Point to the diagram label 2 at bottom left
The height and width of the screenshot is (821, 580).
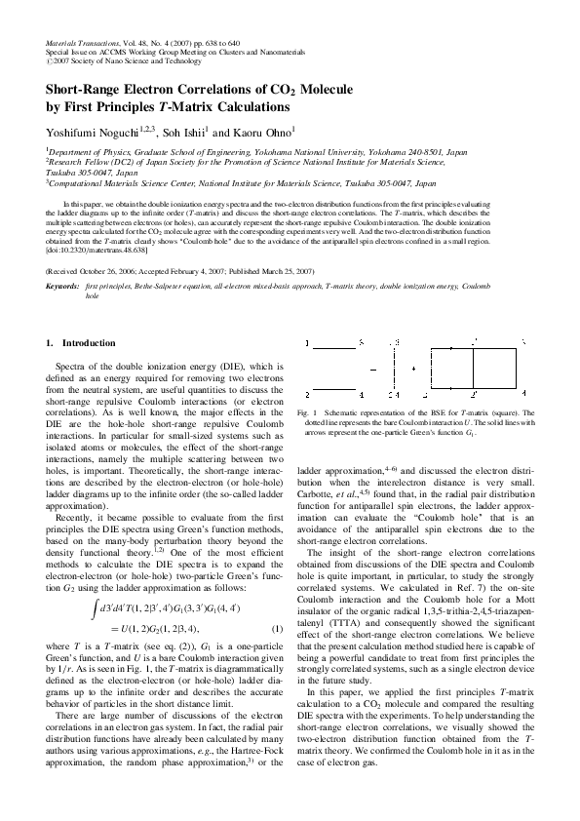point(309,395)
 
